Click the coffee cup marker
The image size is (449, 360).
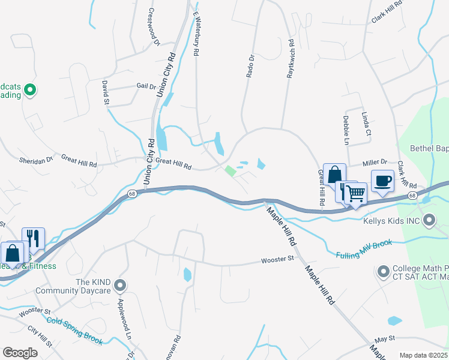(x=382, y=181)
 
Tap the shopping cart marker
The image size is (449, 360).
(x=357, y=193)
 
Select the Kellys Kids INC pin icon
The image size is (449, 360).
(x=429, y=221)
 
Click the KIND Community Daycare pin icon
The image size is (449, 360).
(x=121, y=286)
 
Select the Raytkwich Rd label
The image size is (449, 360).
(x=291, y=59)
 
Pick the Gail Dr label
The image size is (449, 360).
(x=146, y=86)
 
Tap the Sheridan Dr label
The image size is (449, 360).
(x=36, y=160)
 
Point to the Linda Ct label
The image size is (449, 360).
(x=366, y=124)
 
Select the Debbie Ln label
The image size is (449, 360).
(x=346, y=130)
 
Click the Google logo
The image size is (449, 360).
(x=20, y=352)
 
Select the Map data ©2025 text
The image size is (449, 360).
(x=423, y=355)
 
